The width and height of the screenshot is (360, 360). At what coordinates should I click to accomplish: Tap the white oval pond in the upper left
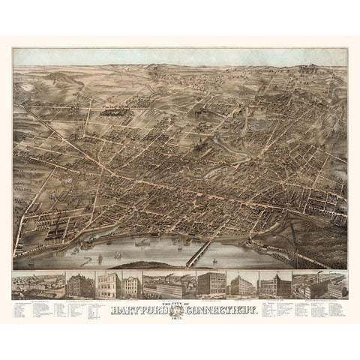pyautogui.click(x=31, y=86)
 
